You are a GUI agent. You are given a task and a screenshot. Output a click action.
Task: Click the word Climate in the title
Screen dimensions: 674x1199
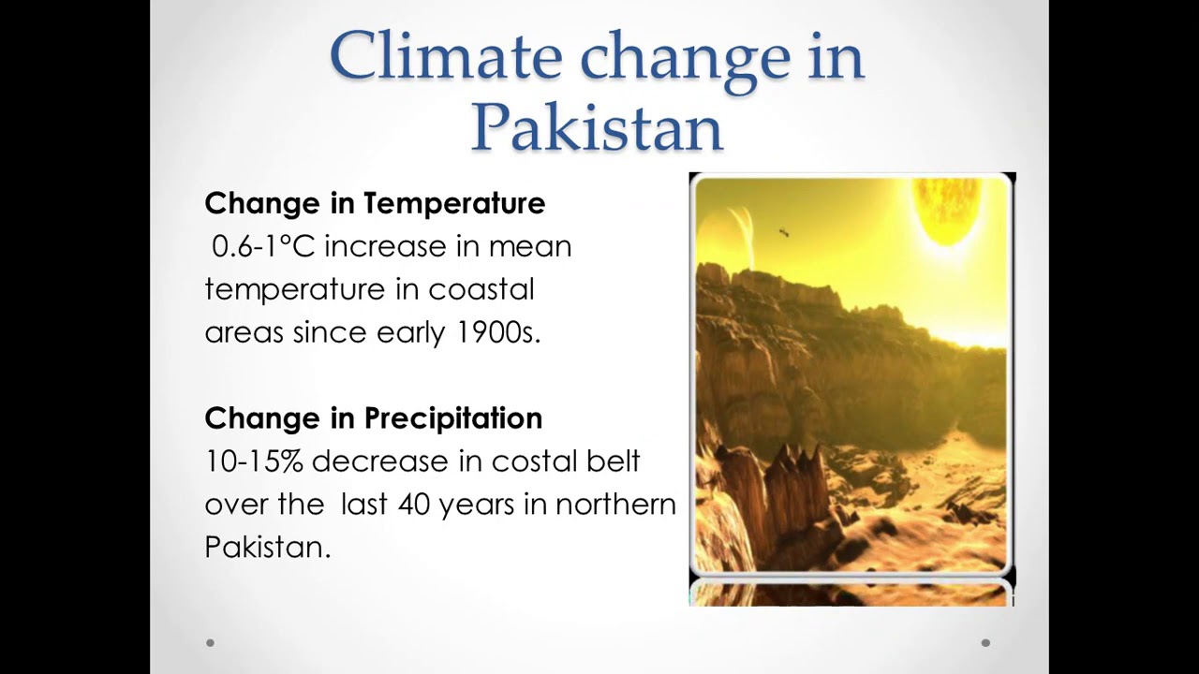point(446,56)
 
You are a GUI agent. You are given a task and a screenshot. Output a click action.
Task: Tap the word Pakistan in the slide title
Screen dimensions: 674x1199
point(597,127)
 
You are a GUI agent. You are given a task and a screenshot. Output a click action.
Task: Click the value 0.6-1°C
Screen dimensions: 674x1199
point(263,247)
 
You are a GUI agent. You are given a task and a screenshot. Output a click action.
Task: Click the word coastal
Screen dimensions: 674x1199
point(481,289)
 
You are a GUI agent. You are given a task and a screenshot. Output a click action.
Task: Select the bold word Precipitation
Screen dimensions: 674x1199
point(453,418)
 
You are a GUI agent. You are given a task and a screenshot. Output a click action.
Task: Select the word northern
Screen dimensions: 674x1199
point(615,505)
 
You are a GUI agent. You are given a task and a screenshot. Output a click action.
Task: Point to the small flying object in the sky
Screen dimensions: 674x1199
point(783,231)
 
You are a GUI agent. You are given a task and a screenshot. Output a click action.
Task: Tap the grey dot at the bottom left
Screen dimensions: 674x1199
point(210,642)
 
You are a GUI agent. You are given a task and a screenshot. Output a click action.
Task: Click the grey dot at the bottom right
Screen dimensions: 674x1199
point(985,642)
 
